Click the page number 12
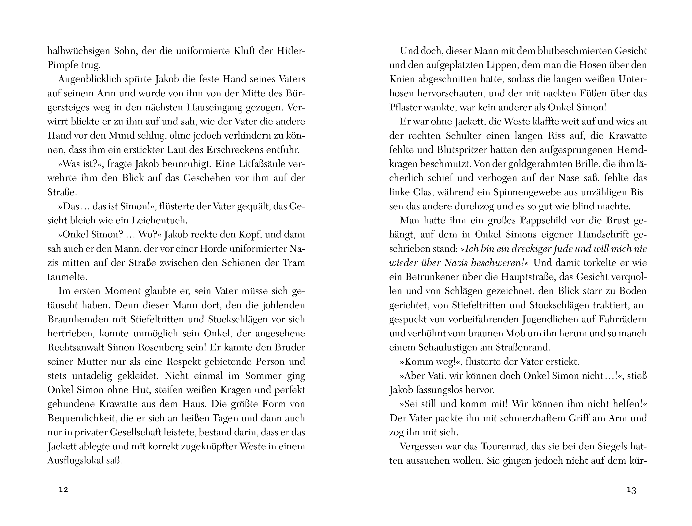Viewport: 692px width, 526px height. pyautogui.click(x=64, y=490)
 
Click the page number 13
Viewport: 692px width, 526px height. pyautogui.click(x=632, y=490)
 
